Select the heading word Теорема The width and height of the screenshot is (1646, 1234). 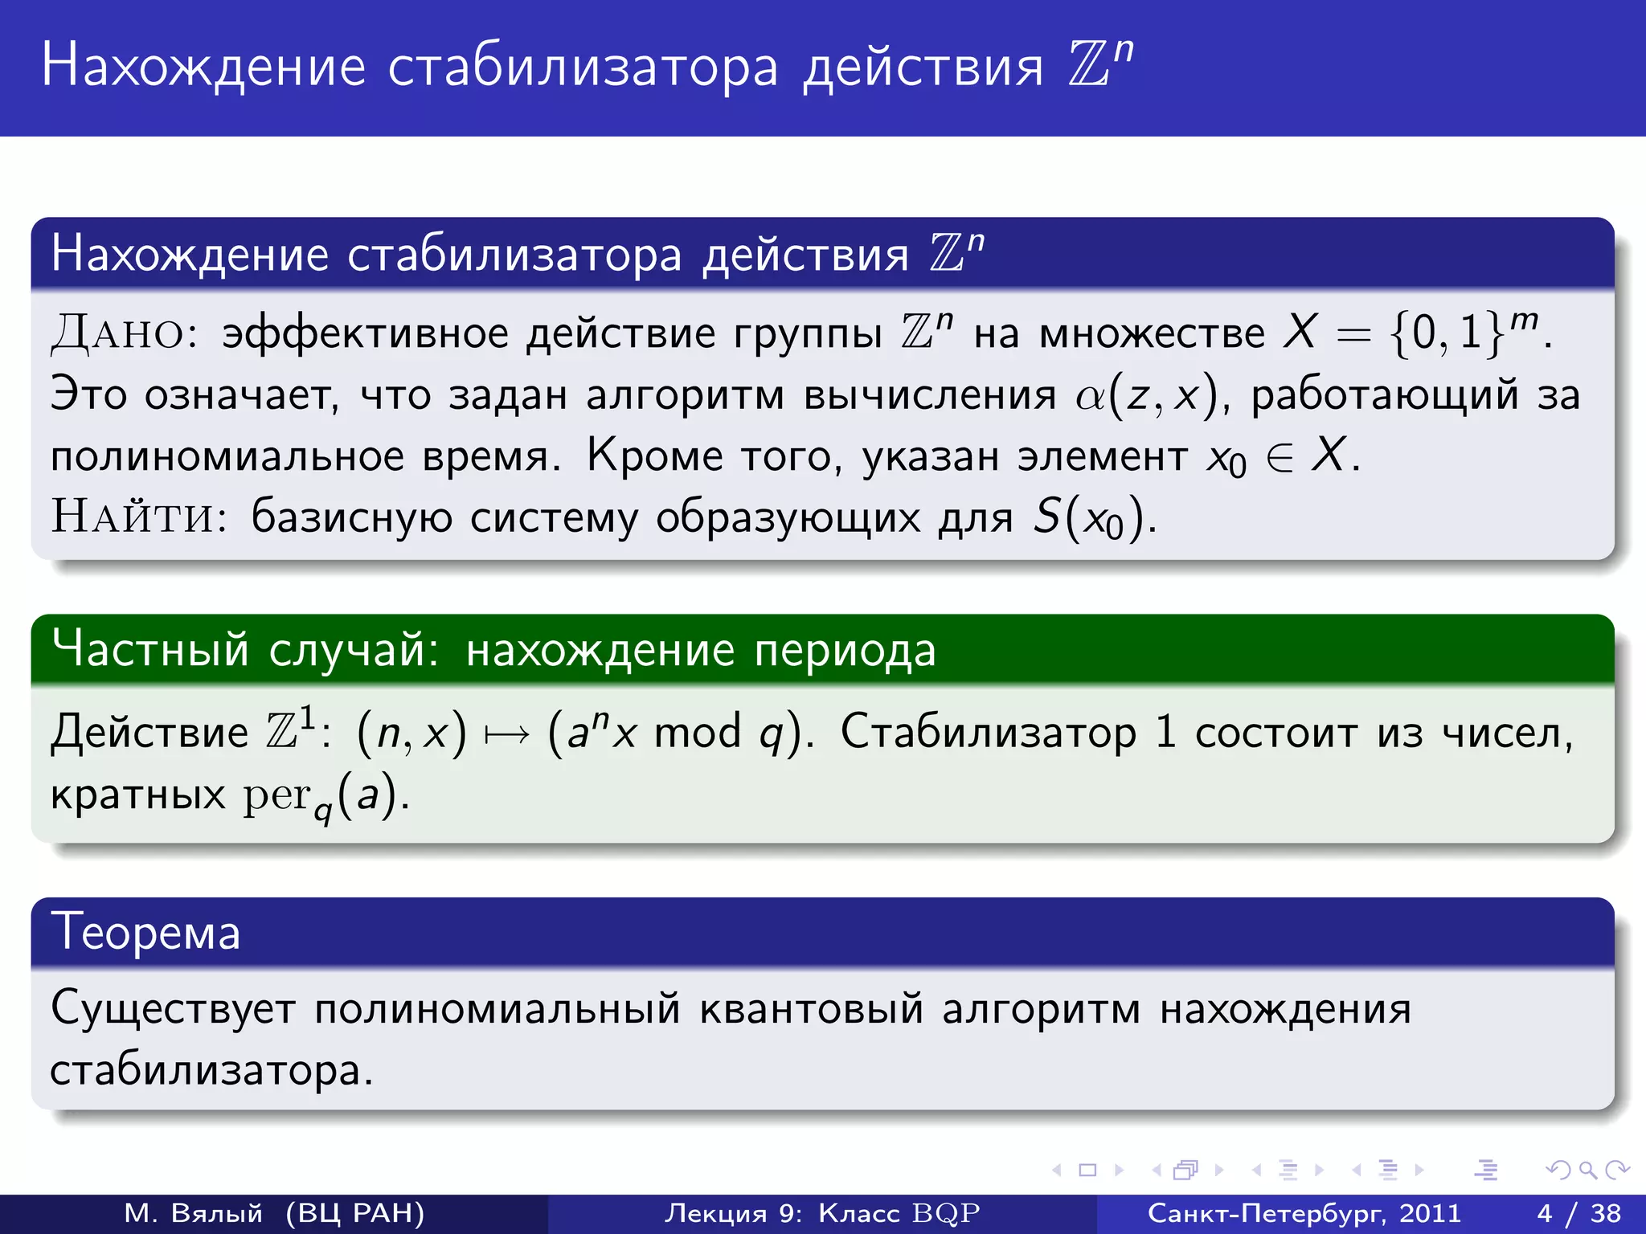pyautogui.click(x=145, y=934)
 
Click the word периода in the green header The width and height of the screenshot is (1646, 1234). pyautogui.click(x=845, y=651)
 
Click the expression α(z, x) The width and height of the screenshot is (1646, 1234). pyautogui.click(x=1148, y=395)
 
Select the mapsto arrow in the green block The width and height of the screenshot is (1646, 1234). pyautogui.click(x=507, y=733)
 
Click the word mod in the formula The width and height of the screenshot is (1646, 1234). pyautogui.click(x=697, y=733)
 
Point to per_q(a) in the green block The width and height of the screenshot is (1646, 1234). pyautogui.click(x=321, y=796)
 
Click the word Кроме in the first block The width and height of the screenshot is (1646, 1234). pyautogui.click(x=654, y=456)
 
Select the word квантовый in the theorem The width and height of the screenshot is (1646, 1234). pyautogui.click(x=811, y=1009)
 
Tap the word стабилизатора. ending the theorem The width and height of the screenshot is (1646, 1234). pyautogui.click(x=211, y=1071)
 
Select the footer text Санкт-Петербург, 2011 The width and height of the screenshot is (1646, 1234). pyautogui.click(x=1304, y=1213)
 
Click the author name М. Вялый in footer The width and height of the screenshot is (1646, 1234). pyautogui.click(x=194, y=1213)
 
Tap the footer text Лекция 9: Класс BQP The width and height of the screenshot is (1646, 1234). pyautogui.click(x=821, y=1213)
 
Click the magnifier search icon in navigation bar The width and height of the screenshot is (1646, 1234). pyautogui.click(x=1587, y=1171)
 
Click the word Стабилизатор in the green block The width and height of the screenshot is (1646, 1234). pyautogui.click(x=988, y=733)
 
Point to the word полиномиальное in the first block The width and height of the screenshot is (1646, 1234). pyautogui.click(x=227, y=456)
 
